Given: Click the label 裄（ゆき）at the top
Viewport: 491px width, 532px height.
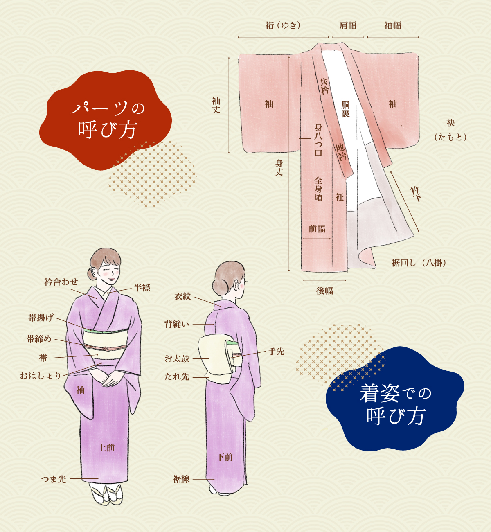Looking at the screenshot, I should (x=283, y=26).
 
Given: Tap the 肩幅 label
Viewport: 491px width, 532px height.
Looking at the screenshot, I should (x=348, y=26).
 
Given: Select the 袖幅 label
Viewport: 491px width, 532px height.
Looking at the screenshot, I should (x=393, y=26).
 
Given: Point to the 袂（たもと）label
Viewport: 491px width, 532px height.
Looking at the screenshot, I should (x=450, y=130).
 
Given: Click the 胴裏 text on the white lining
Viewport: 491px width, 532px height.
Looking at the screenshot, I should (x=346, y=109).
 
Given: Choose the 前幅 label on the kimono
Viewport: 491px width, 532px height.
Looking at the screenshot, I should (x=317, y=229).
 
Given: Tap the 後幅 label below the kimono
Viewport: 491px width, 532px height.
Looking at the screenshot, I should (x=325, y=291).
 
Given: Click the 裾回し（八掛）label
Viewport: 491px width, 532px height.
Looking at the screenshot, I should (x=419, y=263).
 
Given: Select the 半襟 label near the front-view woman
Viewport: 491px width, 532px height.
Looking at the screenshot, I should (x=142, y=288).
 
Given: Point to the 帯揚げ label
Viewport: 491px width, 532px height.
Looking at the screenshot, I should (x=41, y=318).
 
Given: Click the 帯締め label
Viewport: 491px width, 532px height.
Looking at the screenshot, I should (x=39, y=339).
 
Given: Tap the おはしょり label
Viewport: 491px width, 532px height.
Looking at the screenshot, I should (x=41, y=376).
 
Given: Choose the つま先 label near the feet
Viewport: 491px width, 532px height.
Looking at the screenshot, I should (x=54, y=479).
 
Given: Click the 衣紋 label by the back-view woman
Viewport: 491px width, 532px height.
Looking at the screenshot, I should (x=182, y=297).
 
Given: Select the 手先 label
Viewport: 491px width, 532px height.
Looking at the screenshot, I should (x=276, y=352).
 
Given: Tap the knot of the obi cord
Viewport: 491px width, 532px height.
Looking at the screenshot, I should (x=106, y=349).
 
